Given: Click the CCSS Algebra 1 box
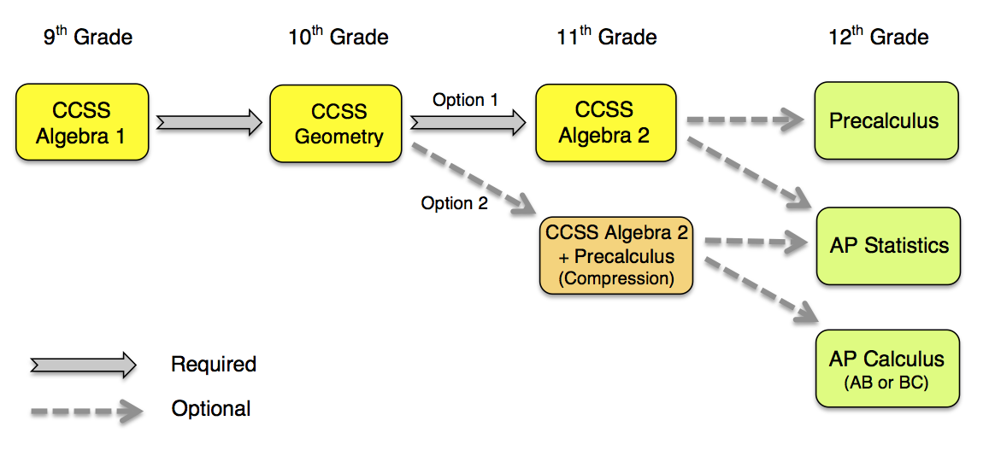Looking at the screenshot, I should pos(82,122).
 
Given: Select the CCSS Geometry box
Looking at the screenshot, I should pos(336,124).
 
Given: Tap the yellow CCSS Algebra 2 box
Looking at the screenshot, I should pos(604,122).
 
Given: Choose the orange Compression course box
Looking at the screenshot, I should pos(615,256).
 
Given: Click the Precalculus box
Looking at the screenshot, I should pos(884,121).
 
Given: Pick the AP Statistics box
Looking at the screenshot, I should pos(888,246).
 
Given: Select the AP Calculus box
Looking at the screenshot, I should pos(886,368).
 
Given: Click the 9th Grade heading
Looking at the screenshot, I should pos(88,37).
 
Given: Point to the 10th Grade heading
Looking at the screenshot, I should pos(339,37).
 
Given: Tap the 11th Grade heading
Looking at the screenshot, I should pos(607,37).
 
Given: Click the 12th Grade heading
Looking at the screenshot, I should pos(879,37).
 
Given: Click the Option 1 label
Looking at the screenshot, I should pos(465,100).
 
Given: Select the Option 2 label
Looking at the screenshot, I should pos(454,203).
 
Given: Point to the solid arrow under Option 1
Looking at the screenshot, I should pos(468,123).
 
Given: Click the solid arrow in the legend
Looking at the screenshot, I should pos(83,365).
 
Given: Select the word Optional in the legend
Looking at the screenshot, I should pos(211,409).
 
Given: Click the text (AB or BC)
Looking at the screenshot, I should pos(886,383).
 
